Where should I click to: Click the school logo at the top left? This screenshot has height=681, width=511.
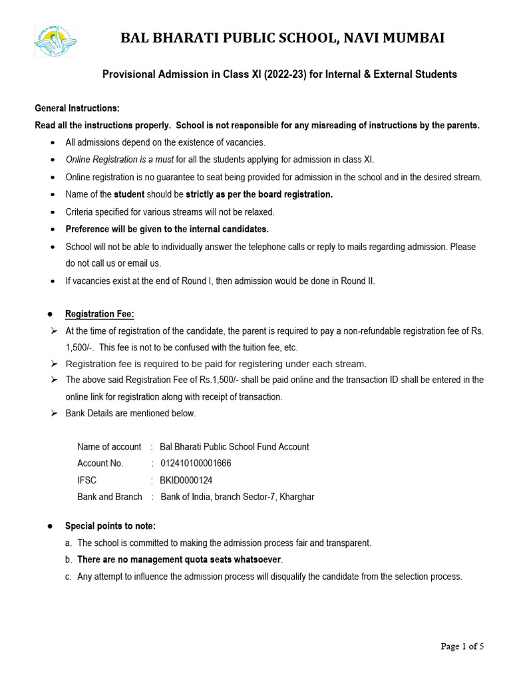[x=55, y=41]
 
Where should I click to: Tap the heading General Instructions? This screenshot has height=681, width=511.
[x=77, y=108]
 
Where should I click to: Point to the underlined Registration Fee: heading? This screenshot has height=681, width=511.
[x=100, y=314]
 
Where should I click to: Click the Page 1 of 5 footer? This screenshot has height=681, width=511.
[x=462, y=646]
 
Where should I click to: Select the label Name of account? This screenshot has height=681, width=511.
[x=109, y=447]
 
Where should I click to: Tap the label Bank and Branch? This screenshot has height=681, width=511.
[x=110, y=497]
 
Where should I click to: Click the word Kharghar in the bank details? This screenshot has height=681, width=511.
[x=297, y=497]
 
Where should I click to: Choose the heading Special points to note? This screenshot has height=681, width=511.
[x=110, y=526]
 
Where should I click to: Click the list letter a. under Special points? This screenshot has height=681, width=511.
[x=69, y=543]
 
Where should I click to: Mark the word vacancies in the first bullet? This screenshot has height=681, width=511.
[x=245, y=142]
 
